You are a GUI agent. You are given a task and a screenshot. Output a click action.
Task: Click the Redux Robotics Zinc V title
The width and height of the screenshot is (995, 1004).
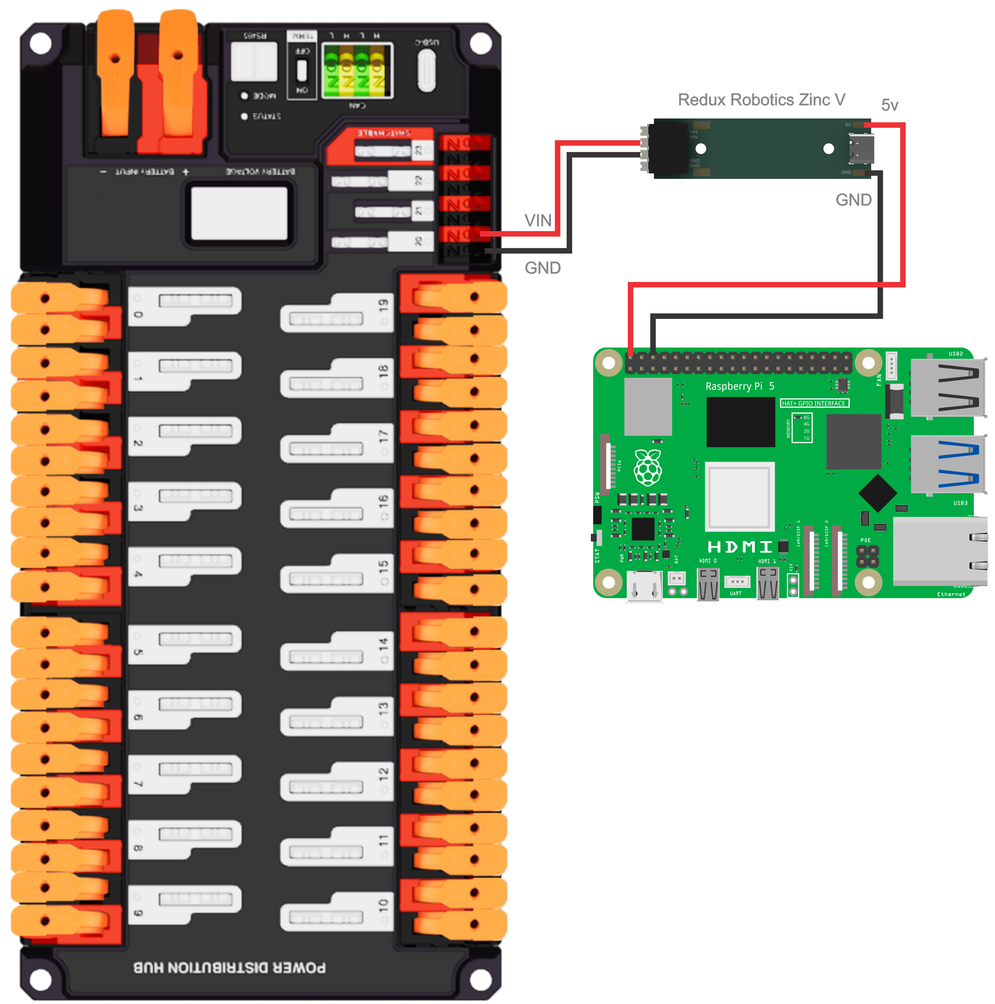[761, 100]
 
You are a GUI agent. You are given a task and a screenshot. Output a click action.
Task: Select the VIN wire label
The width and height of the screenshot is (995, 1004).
[537, 220]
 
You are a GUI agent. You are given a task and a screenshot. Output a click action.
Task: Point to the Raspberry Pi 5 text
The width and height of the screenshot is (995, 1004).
[739, 386]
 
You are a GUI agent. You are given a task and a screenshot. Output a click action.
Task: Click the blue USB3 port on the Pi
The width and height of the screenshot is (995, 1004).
[948, 463]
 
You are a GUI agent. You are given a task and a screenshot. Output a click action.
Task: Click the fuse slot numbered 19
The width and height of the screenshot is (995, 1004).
[337, 313]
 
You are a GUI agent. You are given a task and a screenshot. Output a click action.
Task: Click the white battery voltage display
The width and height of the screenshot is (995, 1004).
[239, 214]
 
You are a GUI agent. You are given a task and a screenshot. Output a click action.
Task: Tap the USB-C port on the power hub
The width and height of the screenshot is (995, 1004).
[426, 70]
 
